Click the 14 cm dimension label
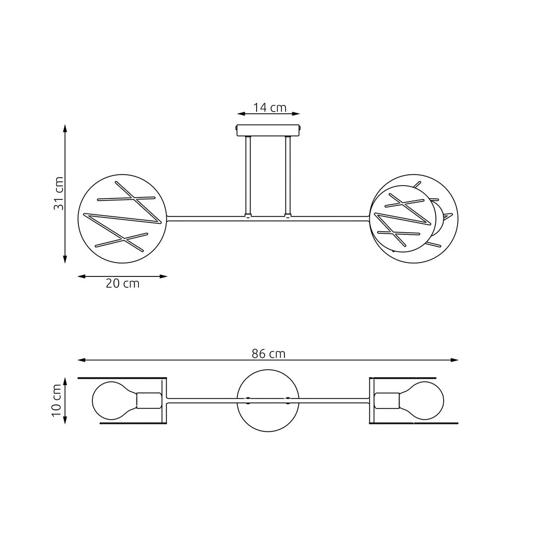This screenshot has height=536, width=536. tap(269, 107)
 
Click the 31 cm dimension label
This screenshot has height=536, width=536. tap(59, 193)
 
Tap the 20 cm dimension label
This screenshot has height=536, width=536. tap(123, 284)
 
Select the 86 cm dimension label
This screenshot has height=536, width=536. tap(268, 354)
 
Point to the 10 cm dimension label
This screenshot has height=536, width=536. tap(57, 400)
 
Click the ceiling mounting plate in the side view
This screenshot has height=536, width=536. tap(268, 130)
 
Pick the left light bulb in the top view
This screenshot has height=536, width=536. tap(112, 400)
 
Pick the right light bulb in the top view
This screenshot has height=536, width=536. tap(424, 400)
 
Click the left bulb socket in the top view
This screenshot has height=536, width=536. tap(149, 400)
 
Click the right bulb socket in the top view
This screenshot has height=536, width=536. tap(387, 400)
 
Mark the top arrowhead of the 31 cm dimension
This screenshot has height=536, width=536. tap(65, 128)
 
